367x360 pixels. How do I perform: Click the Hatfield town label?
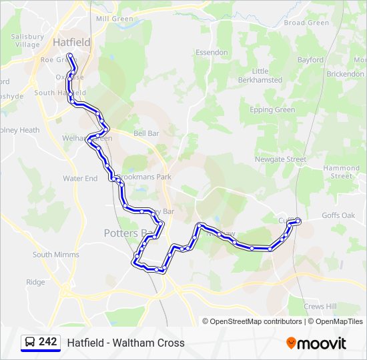point(71,42)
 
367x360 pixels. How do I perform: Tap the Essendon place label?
point(212,52)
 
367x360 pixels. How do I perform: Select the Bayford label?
point(310,60)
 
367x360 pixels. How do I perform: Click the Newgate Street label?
point(280,159)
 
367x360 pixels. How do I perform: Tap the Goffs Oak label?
point(338,215)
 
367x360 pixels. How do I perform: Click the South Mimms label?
point(56,255)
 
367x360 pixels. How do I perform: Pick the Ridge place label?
point(35,282)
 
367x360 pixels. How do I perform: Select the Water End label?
point(80,179)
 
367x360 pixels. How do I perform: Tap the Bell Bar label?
point(146,133)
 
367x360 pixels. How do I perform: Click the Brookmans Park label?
point(145,177)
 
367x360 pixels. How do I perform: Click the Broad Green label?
point(306,23)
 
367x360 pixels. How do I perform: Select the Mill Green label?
point(115,19)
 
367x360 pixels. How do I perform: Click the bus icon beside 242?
point(29,343)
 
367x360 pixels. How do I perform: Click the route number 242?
point(47,342)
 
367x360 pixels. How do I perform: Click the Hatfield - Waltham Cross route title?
point(125,343)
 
